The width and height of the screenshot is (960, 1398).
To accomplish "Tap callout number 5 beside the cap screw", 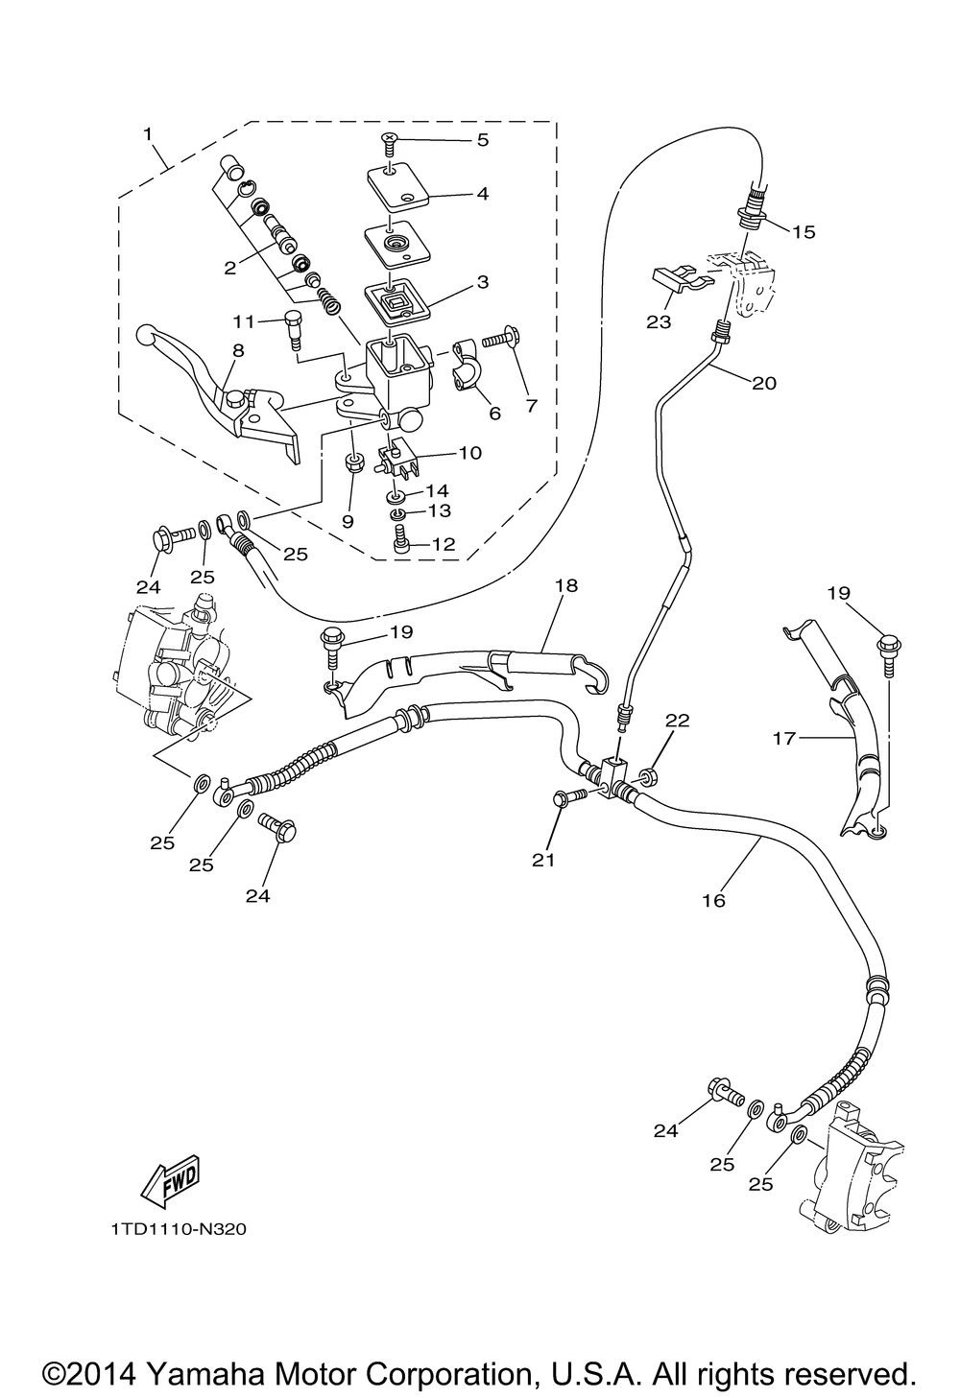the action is click(x=483, y=140).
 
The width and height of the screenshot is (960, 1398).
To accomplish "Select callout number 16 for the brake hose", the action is click(x=714, y=900).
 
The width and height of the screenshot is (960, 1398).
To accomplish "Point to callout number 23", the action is click(x=659, y=322).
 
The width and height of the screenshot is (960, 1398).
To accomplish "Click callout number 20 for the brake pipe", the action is click(x=764, y=383).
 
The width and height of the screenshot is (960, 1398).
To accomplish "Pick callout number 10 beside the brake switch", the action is click(x=470, y=453).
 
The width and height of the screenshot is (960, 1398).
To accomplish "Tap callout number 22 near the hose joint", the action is click(x=678, y=721).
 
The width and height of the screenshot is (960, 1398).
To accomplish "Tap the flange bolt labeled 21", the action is click(x=570, y=797).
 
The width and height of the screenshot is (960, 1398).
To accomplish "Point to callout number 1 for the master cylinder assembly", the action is click(x=148, y=133).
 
